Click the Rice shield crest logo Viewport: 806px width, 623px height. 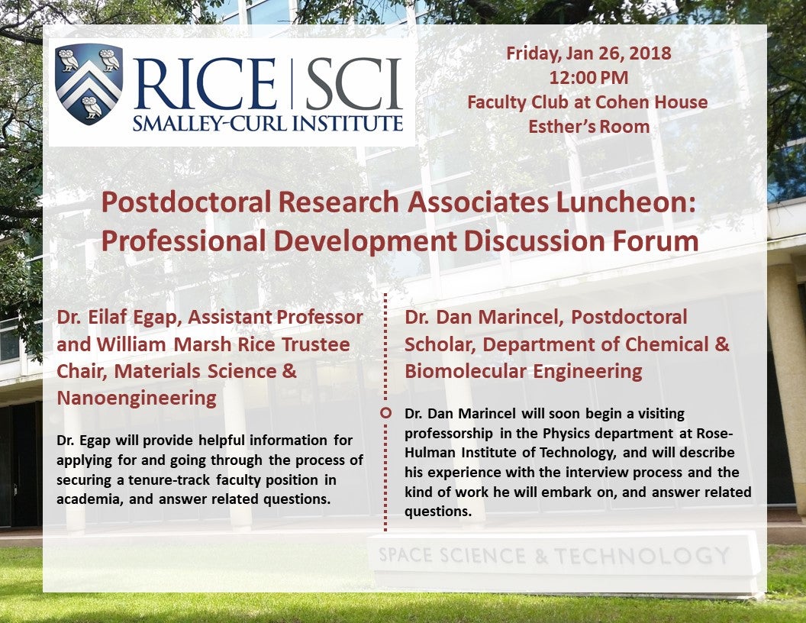point(89,84)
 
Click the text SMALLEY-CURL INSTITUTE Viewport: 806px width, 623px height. point(267,123)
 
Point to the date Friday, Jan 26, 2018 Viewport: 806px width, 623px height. point(588,53)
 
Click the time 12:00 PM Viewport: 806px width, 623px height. point(588,77)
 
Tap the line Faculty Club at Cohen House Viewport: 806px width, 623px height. point(588,102)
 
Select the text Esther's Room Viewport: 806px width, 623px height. point(588,126)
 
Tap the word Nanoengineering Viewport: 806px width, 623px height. point(137,398)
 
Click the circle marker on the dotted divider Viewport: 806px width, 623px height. point(385,413)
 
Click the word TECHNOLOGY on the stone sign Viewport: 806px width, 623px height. point(642,555)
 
